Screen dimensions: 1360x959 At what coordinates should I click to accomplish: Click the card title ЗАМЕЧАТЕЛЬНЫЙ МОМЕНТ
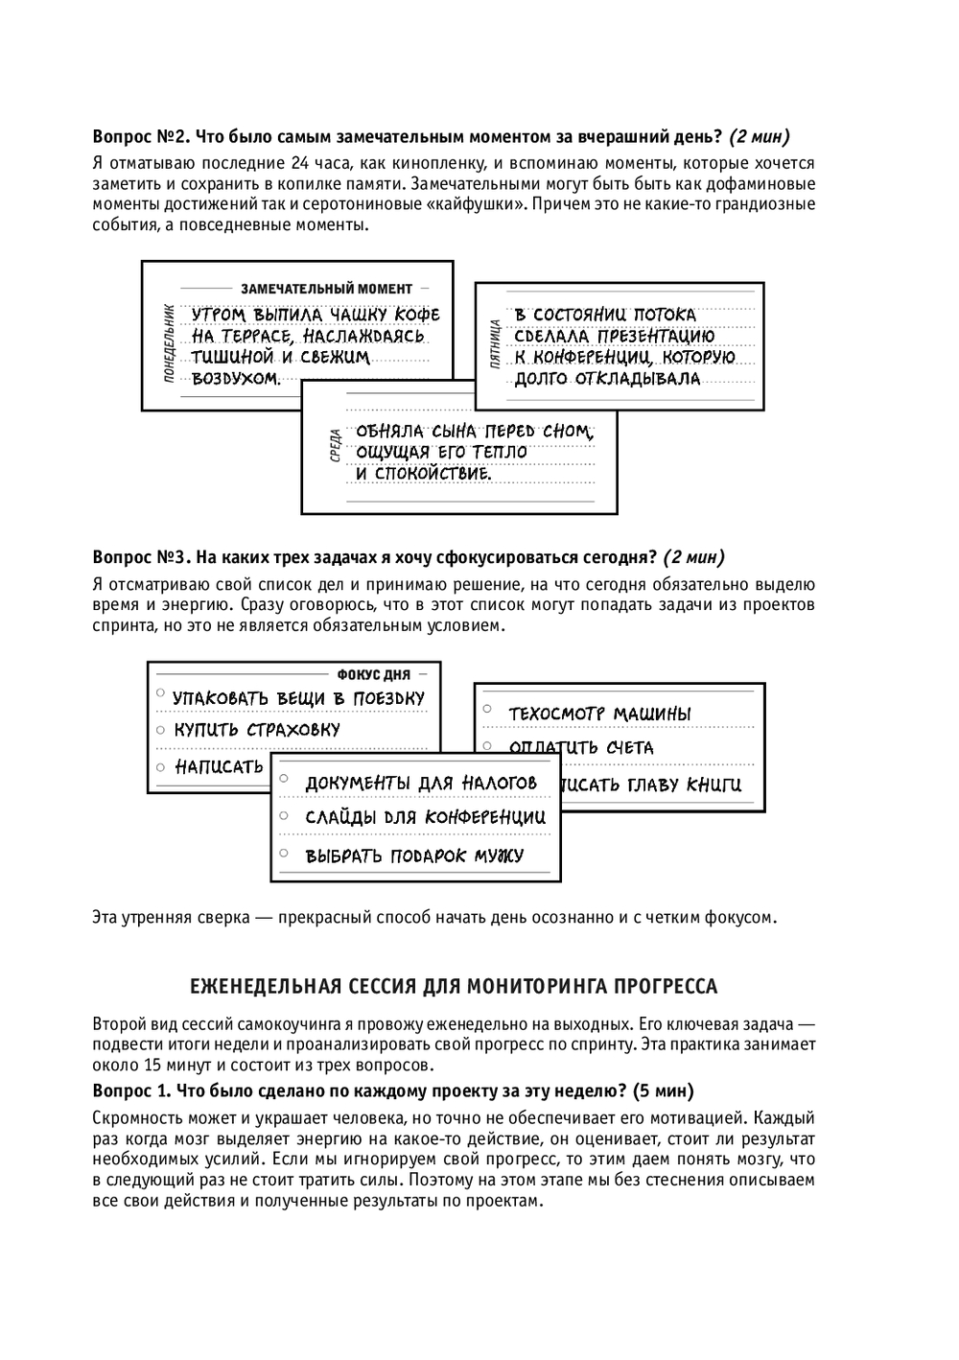tap(326, 288)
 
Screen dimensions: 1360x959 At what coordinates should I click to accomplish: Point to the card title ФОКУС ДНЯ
tap(373, 675)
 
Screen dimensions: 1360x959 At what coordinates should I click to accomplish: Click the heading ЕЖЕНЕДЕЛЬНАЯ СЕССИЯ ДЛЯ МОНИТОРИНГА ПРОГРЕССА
tap(454, 986)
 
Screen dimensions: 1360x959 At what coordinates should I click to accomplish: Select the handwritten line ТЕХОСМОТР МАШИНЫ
tap(598, 715)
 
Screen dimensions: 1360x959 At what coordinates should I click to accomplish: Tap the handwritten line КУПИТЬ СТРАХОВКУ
tap(256, 730)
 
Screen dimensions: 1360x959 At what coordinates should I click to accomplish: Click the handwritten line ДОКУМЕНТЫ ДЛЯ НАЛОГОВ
tap(421, 784)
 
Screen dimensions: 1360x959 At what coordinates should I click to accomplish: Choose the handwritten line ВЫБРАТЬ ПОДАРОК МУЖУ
tap(414, 856)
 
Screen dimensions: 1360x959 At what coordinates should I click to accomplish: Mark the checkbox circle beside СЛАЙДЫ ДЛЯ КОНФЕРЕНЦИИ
tap(284, 815)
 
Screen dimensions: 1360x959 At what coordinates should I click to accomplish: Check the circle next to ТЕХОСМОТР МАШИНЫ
tap(487, 709)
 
